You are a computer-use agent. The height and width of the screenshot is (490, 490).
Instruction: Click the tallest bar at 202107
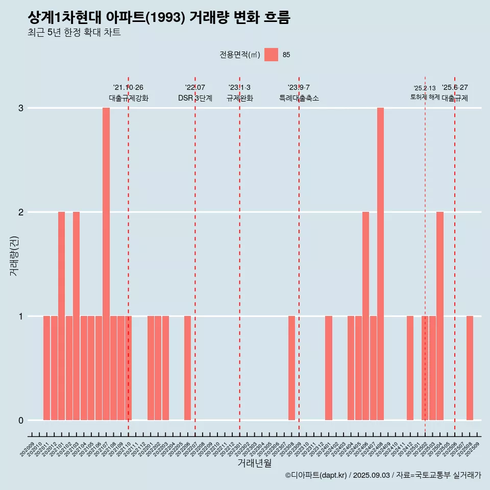tap(106, 264)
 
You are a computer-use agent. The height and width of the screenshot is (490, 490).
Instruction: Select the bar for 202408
tap(380, 264)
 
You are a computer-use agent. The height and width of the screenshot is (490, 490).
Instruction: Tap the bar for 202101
tap(61, 316)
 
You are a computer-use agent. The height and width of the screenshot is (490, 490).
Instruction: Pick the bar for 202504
tap(440, 316)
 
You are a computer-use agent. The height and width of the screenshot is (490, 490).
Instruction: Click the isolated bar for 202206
tap(187, 368)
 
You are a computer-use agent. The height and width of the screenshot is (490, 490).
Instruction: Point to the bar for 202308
tap(291, 368)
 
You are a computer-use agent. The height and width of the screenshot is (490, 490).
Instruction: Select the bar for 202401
tap(329, 368)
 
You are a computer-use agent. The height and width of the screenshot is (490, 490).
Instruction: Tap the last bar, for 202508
tap(470, 368)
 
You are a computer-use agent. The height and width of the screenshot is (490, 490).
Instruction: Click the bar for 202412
tap(410, 368)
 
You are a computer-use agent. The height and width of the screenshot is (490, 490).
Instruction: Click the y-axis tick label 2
tap(21, 212)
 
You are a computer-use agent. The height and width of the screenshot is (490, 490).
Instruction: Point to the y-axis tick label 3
tap(21, 108)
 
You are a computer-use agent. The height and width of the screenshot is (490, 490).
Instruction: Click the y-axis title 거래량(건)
tap(14, 255)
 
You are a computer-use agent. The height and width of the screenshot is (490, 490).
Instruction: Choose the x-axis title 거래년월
tap(254, 463)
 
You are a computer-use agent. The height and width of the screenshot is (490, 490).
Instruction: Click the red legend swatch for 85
tap(272, 55)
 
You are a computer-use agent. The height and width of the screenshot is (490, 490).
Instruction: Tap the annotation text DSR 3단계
tap(195, 98)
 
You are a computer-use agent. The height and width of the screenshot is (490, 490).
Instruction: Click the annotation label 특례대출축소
tap(299, 98)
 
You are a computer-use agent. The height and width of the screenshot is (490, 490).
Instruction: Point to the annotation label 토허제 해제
tap(425, 97)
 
